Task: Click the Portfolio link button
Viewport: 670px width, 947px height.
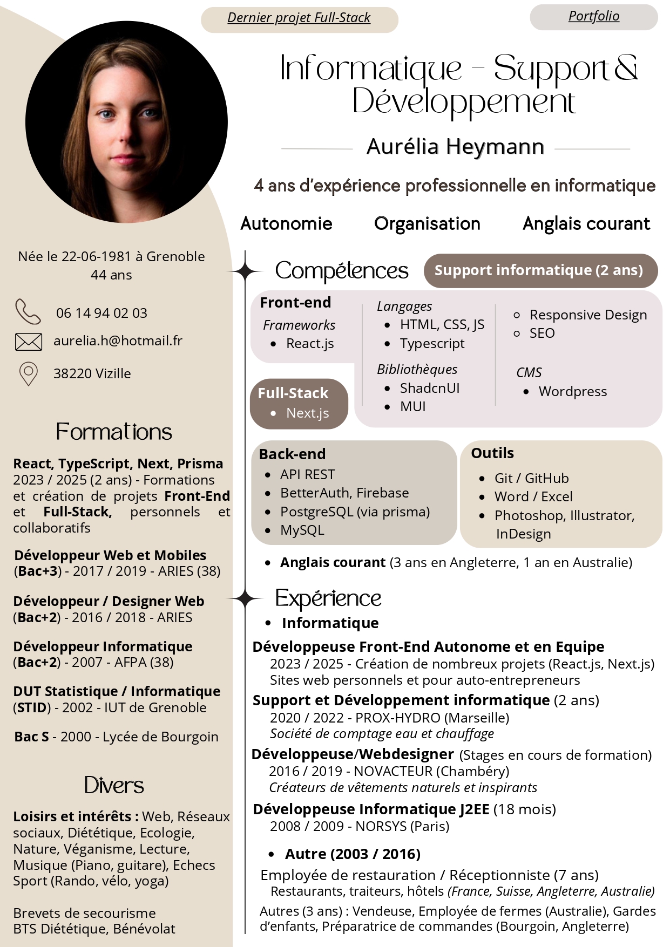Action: pos(593,16)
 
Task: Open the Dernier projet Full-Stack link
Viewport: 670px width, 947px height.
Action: pos(299,18)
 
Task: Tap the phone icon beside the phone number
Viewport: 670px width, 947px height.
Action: pos(28,311)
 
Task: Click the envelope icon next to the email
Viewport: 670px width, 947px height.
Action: pos(29,342)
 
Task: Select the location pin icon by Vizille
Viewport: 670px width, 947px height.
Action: pos(29,373)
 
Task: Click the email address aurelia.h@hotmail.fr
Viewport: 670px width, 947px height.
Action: pos(118,341)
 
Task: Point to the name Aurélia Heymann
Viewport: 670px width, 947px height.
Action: pos(455,147)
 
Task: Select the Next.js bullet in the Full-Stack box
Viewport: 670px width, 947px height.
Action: pos(307,413)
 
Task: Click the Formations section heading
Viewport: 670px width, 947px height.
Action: pos(114,432)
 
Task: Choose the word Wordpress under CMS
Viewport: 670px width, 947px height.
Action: pos(572,392)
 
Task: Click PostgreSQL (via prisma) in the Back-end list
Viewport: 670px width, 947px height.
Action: pos(355,512)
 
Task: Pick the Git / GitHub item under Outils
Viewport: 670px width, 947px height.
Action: pos(531,479)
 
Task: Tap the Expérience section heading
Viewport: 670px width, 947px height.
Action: pos(328,599)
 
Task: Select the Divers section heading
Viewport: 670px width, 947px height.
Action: pos(114,786)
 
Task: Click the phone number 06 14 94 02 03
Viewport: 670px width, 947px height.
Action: pos(101,314)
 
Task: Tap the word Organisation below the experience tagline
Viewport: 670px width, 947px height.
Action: pos(427,224)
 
